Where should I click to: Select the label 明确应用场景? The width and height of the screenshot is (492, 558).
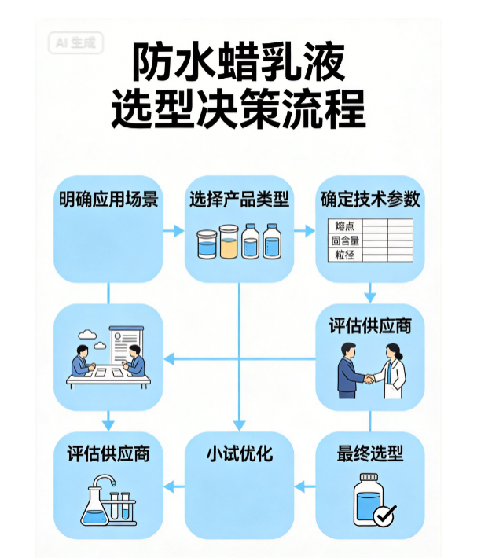coord(108,198)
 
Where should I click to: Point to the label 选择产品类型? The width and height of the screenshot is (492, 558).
coord(239,198)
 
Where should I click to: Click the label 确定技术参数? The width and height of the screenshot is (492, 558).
coord(369,198)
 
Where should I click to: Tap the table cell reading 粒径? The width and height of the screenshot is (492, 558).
coord(343,254)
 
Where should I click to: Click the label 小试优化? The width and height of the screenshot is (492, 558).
coord(239,454)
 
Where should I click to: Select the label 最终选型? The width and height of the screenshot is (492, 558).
coord(369,454)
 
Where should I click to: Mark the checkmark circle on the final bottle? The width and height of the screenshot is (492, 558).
coord(384,515)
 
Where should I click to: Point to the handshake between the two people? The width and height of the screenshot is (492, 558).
coord(368,378)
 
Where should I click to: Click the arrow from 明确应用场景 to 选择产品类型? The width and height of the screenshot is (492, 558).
coord(169,231)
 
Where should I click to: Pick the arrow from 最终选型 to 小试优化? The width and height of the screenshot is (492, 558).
coord(303,488)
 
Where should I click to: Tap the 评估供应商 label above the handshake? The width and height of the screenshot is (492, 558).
coord(369,325)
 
